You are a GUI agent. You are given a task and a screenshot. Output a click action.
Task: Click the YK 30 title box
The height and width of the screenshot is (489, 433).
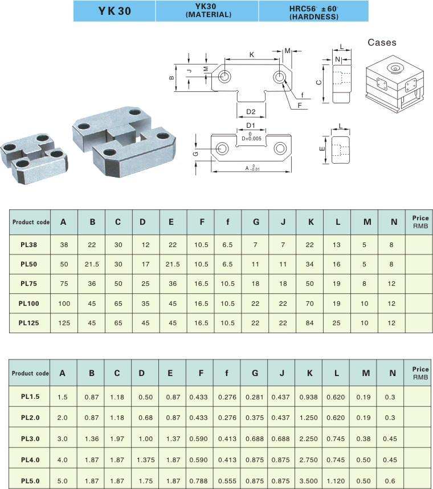(x=115, y=11)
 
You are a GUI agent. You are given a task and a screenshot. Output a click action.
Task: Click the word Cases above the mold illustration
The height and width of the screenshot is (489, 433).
(x=382, y=43)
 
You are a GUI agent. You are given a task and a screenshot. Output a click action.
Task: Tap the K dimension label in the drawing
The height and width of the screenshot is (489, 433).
(x=252, y=54)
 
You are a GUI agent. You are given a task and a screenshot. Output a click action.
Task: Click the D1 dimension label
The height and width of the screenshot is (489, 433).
(x=251, y=126)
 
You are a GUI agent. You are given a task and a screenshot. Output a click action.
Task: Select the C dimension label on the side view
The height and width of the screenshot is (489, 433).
(x=319, y=82)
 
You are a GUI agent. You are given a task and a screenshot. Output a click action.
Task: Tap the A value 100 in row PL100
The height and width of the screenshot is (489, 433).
(x=63, y=302)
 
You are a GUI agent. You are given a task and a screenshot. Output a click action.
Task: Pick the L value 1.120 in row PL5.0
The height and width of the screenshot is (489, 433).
(x=337, y=481)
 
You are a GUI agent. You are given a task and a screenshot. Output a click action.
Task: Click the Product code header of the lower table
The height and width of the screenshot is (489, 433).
(x=30, y=374)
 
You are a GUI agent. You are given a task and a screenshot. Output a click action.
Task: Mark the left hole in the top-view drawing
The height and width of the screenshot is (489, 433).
(x=224, y=76)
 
